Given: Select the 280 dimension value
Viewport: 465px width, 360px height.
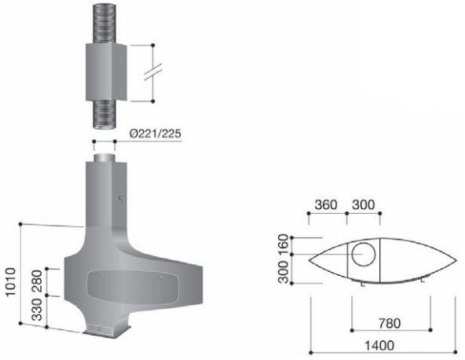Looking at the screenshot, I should point(36,280).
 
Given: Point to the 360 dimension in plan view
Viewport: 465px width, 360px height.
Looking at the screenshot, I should point(326,204).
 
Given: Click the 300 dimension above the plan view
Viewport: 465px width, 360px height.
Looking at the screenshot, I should point(364,204).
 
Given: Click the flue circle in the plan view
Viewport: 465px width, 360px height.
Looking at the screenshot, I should point(363,256).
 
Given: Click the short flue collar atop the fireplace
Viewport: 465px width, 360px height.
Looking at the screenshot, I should point(104,158).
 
